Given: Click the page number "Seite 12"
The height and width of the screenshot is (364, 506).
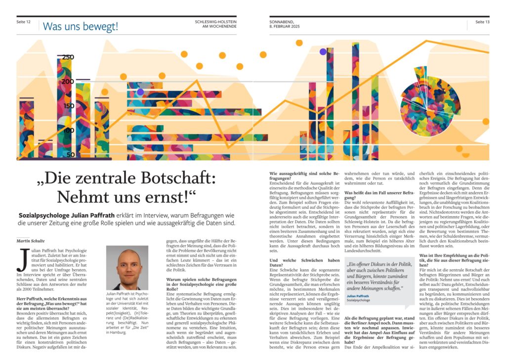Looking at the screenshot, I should (24, 22).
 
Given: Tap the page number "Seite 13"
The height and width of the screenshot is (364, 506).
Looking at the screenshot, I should (482, 22).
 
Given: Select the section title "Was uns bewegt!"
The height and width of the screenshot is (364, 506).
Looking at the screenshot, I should (81, 26).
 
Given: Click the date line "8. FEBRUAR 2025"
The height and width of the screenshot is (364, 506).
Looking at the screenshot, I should (285, 26).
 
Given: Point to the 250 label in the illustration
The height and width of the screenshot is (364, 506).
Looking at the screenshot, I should (68, 57).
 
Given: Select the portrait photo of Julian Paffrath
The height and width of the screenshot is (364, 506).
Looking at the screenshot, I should (127, 267).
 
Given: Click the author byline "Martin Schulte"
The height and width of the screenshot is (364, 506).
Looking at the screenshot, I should (30, 240).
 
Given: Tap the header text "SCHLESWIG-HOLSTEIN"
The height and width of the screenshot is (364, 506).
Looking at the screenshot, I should (215, 22).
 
